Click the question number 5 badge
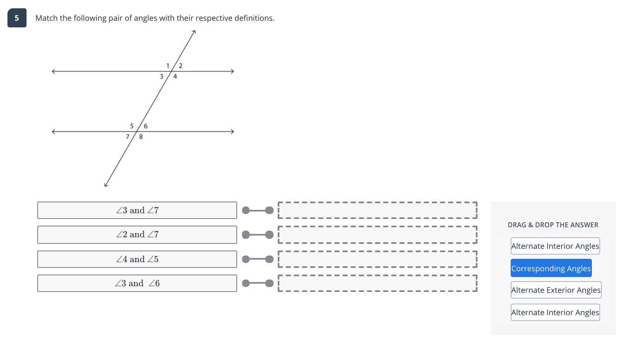coord(17,18)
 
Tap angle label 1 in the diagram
coord(167,66)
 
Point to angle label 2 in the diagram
coord(180,66)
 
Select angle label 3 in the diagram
coord(161,76)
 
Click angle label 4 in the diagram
coord(175,76)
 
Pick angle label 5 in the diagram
coord(132,126)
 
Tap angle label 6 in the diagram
coord(145,126)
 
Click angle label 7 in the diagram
coord(127,136)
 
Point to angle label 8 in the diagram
coord(141,136)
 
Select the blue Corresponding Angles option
coord(551,268)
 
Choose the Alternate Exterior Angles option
coord(556,290)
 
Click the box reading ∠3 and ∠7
coord(137,210)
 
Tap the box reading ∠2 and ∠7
coord(137,234)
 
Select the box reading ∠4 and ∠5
coord(137,259)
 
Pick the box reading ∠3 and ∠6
coord(137,283)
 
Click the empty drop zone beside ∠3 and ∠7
coord(377,210)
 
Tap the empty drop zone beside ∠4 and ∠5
coord(377,259)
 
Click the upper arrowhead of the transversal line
coord(194,32)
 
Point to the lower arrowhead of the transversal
coord(106,185)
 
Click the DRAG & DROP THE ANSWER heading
coord(553,225)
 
